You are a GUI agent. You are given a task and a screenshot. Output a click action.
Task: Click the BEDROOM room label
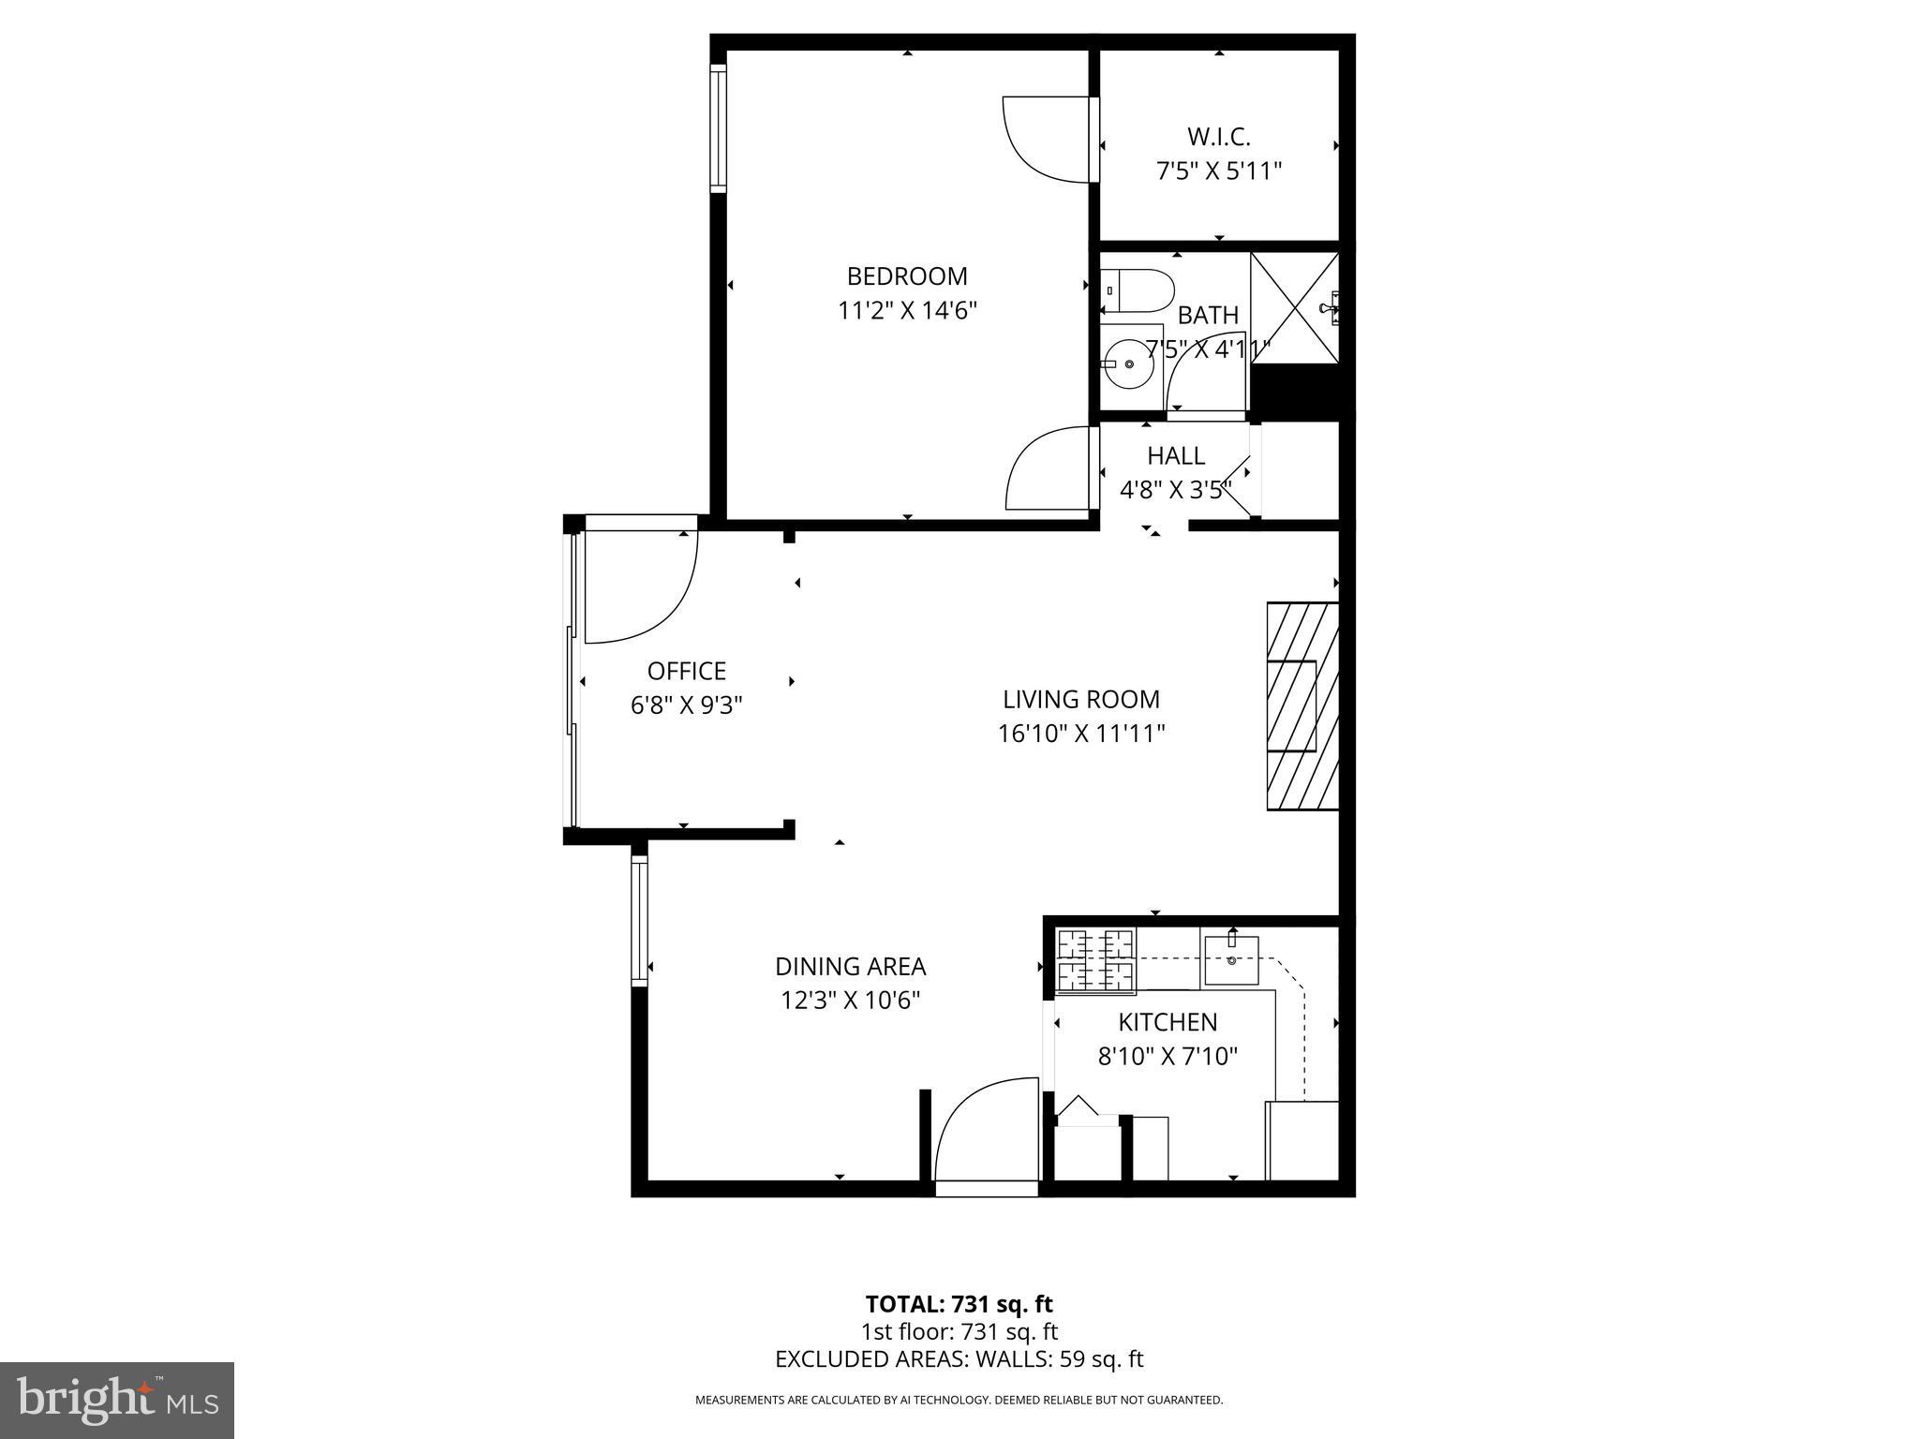pyautogui.click(x=907, y=276)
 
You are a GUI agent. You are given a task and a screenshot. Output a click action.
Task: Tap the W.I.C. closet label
pyautogui.click(x=1218, y=137)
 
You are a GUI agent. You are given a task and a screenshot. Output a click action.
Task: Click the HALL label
pyautogui.click(x=1176, y=456)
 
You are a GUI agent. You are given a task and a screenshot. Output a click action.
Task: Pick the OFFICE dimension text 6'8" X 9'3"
pyautogui.click(x=687, y=705)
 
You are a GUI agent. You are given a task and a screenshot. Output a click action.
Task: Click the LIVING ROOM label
pyautogui.click(x=1081, y=700)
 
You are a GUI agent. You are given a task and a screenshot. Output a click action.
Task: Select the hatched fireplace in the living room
pyautogui.click(x=1302, y=706)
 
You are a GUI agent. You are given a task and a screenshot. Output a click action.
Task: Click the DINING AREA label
pyautogui.click(x=850, y=967)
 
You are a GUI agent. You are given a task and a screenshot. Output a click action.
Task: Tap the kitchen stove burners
pyautogui.click(x=1095, y=959)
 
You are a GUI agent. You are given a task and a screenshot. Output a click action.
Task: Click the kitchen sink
pyautogui.click(x=1231, y=958)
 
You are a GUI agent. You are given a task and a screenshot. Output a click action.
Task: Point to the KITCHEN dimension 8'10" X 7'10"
pyautogui.click(x=1168, y=1057)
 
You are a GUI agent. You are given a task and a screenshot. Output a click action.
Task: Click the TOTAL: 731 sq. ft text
pyautogui.click(x=959, y=1304)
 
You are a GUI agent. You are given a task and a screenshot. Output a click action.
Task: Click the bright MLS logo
pyautogui.click(x=117, y=1400)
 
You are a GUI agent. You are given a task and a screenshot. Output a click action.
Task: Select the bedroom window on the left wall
pyautogui.click(x=718, y=128)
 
